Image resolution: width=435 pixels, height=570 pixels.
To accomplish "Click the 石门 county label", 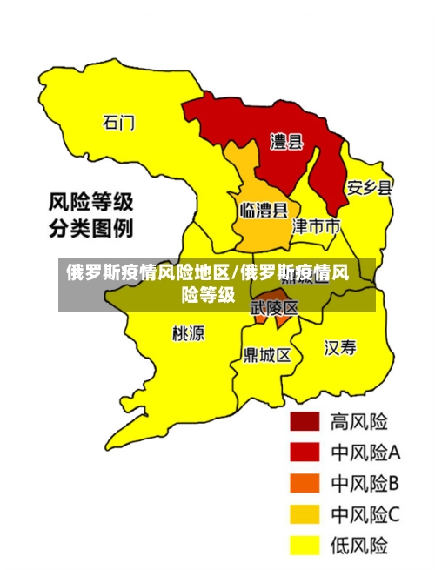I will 119,122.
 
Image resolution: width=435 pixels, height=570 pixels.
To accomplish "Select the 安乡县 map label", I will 369,187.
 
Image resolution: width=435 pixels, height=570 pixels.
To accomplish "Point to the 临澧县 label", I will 264,210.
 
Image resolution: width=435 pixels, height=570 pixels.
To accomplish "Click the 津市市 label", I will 316,226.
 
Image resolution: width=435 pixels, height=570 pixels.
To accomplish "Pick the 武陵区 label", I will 274,308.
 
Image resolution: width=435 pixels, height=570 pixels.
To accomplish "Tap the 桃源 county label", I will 188,332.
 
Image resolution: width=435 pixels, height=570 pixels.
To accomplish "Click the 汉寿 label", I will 340,348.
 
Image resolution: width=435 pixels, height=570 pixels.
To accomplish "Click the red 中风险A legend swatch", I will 304,452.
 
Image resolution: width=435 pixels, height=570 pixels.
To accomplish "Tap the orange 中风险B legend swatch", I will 304,483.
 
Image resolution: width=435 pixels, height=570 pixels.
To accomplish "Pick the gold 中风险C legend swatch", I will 304,514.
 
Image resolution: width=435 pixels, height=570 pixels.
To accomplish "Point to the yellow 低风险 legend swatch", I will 304,546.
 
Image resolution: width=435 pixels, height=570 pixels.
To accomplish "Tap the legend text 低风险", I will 359,546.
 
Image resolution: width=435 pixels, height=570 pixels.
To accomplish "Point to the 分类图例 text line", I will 90,230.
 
